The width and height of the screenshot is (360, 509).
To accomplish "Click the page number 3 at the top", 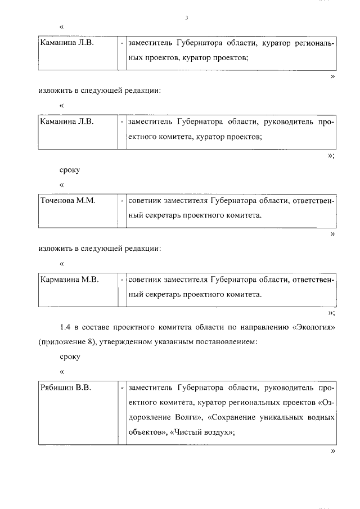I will pos(186,18).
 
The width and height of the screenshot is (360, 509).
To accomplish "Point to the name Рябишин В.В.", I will pos(66,388).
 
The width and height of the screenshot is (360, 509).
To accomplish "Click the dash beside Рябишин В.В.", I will pos(122,388).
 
